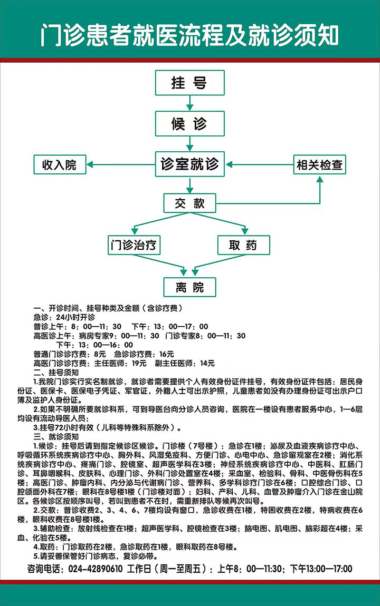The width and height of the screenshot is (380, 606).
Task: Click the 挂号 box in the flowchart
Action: click(x=189, y=83)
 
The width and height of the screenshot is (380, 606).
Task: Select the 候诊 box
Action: click(x=189, y=124)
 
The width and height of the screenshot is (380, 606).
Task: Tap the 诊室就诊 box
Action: click(x=189, y=164)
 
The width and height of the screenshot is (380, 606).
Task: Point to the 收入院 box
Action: click(x=59, y=165)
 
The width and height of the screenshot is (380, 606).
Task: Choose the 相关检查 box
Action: click(x=319, y=165)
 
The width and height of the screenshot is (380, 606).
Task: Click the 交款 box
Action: click(x=189, y=203)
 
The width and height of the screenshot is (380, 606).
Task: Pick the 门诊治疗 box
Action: click(x=134, y=245)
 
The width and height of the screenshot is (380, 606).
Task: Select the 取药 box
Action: click(x=243, y=245)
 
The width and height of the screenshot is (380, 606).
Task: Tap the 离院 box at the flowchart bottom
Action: click(x=189, y=287)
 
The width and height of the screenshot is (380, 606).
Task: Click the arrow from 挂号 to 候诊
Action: click(x=189, y=103)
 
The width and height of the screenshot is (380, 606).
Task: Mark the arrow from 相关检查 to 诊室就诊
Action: click(x=261, y=165)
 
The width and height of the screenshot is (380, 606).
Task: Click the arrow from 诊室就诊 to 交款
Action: click(x=189, y=184)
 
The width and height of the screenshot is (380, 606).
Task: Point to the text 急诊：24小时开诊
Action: click(x=64, y=317)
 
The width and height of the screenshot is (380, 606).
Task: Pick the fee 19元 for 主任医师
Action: click(x=139, y=363)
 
